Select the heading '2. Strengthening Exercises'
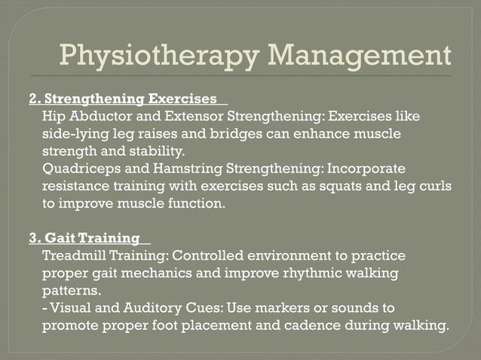[x=127, y=99]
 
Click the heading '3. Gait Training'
[x=84, y=238]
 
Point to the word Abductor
[x=101, y=117]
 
